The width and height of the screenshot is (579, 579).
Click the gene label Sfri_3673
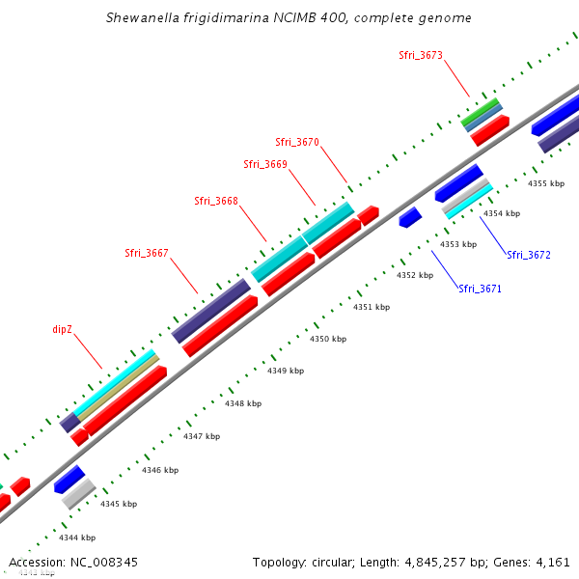point(420,55)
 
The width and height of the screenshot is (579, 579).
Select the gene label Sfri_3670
point(296,142)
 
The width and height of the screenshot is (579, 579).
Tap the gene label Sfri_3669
point(264,164)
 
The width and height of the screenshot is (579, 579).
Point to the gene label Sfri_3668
point(215,201)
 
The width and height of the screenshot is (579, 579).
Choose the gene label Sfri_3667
point(146,253)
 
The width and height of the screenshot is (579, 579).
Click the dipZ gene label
point(63,329)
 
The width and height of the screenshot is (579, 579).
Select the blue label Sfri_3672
point(529,255)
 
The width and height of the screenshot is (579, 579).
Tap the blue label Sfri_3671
point(480,289)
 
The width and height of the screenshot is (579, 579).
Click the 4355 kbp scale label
point(545,183)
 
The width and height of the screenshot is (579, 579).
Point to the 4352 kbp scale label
point(415,275)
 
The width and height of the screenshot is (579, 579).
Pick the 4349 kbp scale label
point(285,371)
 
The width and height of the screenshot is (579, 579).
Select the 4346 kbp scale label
point(159,470)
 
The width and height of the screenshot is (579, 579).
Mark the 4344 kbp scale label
point(76,538)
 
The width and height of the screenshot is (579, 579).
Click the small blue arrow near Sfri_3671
point(410,217)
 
